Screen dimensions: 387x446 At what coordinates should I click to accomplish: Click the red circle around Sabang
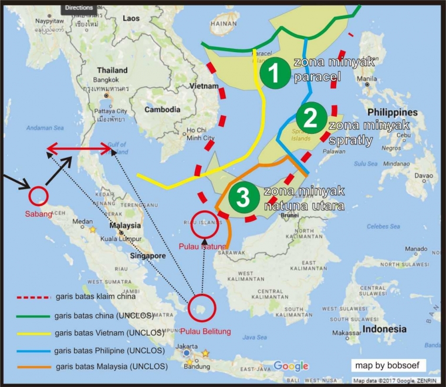[38, 195]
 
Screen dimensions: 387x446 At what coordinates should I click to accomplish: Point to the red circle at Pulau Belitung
[202, 307]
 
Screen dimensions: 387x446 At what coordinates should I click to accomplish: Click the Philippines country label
[393, 112]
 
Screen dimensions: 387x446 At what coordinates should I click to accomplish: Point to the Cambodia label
[163, 110]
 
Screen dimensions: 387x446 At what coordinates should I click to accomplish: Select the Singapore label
[148, 256]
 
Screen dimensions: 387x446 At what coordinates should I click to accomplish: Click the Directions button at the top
[78, 7]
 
